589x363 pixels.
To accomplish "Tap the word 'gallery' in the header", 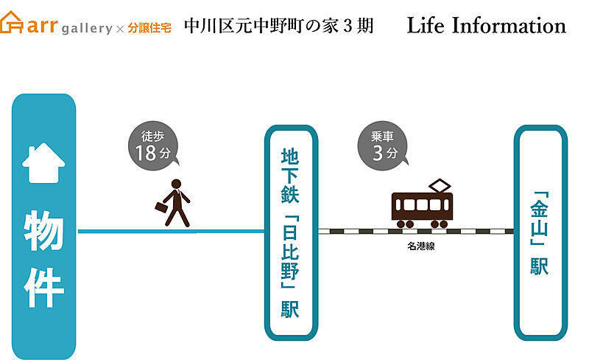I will (87, 29).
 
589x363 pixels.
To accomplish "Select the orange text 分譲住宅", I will (149, 28).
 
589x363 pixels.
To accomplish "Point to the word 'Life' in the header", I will (426, 26).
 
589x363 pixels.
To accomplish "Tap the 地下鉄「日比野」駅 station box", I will (291, 232).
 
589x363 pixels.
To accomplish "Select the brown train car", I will (421, 209).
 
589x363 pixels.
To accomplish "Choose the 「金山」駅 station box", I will (540, 232).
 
